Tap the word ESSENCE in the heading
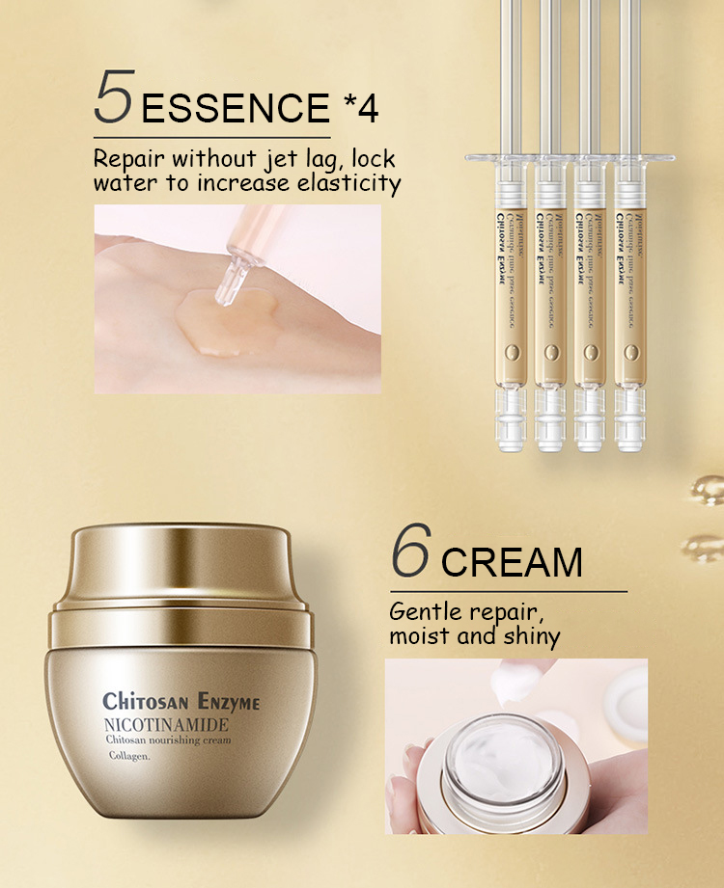[236, 108]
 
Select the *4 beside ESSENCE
[360, 107]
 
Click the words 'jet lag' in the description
[309, 159]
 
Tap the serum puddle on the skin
[217, 318]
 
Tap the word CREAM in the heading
[513, 561]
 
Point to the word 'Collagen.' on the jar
[130, 758]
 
